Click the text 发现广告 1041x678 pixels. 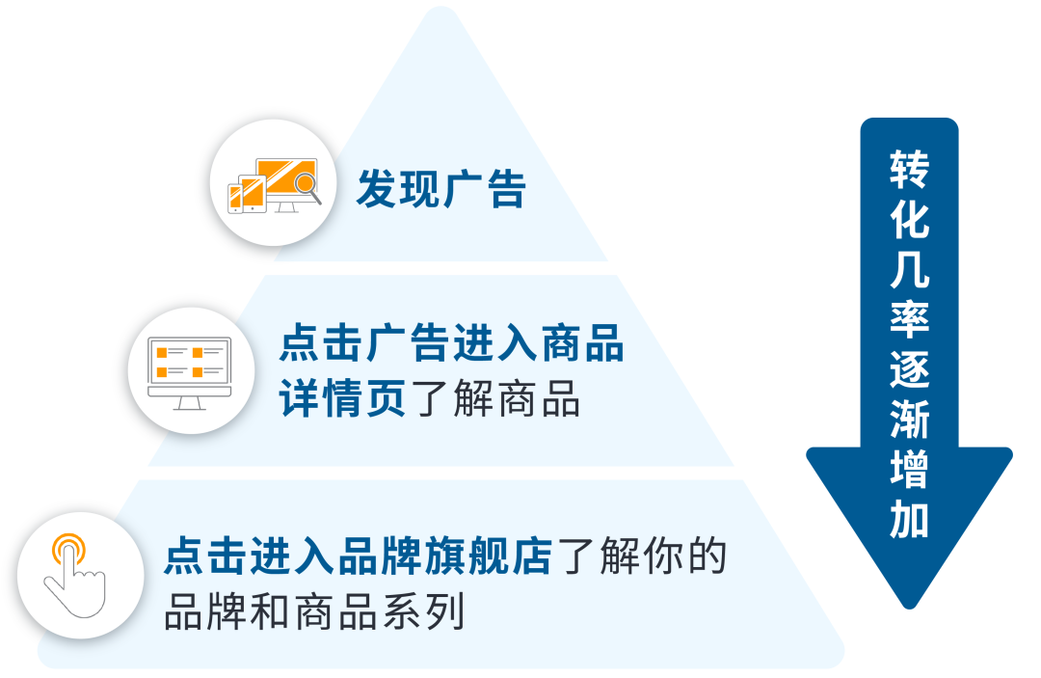pos(440,189)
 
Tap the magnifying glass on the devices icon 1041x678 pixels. pos(307,183)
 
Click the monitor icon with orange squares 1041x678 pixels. pos(191,370)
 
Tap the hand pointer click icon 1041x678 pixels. pos(73,574)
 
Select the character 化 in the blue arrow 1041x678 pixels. pos(909,220)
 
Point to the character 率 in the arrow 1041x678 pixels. pos(909,320)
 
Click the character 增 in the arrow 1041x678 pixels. pos(909,471)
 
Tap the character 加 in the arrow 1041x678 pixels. pos(909,521)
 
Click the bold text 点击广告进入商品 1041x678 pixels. pos(451,343)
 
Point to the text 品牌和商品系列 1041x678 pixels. pos(314,611)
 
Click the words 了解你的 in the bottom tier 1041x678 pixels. pos(640,557)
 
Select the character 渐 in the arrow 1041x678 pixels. pos(909,420)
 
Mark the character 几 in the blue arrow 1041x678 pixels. pos(909,270)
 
